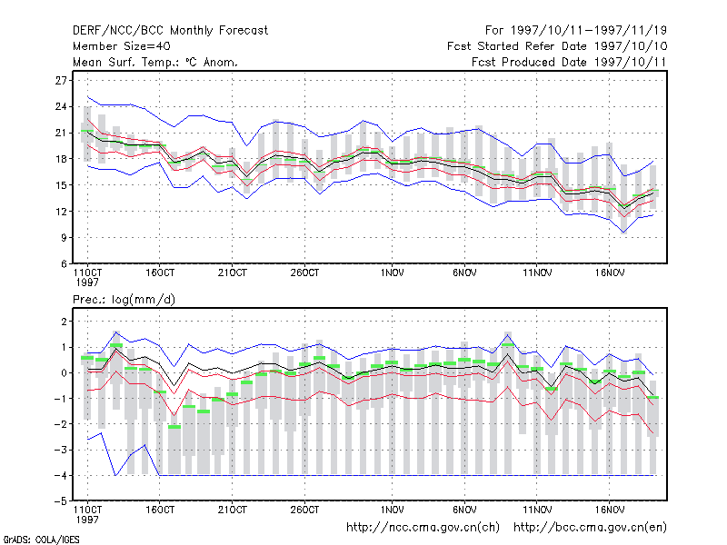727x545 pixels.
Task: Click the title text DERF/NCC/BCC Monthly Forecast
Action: tap(170, 31)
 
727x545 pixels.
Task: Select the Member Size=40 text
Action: tap(122, 46)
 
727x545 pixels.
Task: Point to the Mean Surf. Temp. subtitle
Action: tap(155, 62)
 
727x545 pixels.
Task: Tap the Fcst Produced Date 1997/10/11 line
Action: tap(569, 62)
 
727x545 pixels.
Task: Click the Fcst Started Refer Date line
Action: tap(557, 46)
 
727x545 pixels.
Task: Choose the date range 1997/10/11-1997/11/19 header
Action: tap(576, 31)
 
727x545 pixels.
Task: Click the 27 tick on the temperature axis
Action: tap(61, 81)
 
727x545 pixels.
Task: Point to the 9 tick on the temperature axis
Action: tap(64, 238)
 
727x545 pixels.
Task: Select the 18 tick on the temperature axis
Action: tap(61, 159)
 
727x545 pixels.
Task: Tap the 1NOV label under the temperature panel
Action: tap(393, 273)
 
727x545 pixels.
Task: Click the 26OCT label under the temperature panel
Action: tap(304, 273)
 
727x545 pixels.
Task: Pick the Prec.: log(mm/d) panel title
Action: tap(124, 300)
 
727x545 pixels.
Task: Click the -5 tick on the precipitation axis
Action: tap(61, 501)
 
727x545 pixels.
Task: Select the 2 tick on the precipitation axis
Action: tap(64, 322)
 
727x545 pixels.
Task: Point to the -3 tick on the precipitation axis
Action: tap(61, 450)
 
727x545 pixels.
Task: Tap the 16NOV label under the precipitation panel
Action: tap(610, 510)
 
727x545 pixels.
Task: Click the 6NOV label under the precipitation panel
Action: tap(464, 510)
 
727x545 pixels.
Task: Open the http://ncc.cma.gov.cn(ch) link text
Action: tap(423, 528)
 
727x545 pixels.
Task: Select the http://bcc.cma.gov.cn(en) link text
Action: tap(590, 528)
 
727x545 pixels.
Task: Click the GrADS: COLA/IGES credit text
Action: tap(42, 540)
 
